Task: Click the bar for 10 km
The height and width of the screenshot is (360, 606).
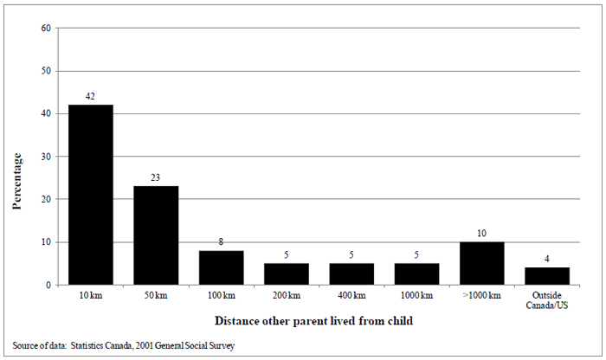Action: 90,195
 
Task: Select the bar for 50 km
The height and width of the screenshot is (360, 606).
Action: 156,235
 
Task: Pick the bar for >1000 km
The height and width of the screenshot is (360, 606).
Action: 482,263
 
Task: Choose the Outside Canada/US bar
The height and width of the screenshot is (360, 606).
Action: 547,276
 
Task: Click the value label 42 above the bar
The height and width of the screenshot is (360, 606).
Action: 90,97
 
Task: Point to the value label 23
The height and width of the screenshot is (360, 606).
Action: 156,178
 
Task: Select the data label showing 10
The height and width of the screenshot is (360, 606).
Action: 482,234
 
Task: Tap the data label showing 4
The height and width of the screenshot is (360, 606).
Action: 547,260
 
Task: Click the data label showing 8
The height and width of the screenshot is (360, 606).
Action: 221,242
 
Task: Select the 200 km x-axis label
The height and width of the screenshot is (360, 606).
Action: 287,297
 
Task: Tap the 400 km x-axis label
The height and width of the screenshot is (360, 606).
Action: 351,297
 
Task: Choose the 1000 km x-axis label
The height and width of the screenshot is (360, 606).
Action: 416,297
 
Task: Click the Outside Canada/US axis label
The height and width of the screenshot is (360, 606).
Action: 547,301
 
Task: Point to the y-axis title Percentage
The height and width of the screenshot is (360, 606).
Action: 16,181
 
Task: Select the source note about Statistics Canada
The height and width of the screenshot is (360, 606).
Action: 122,344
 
